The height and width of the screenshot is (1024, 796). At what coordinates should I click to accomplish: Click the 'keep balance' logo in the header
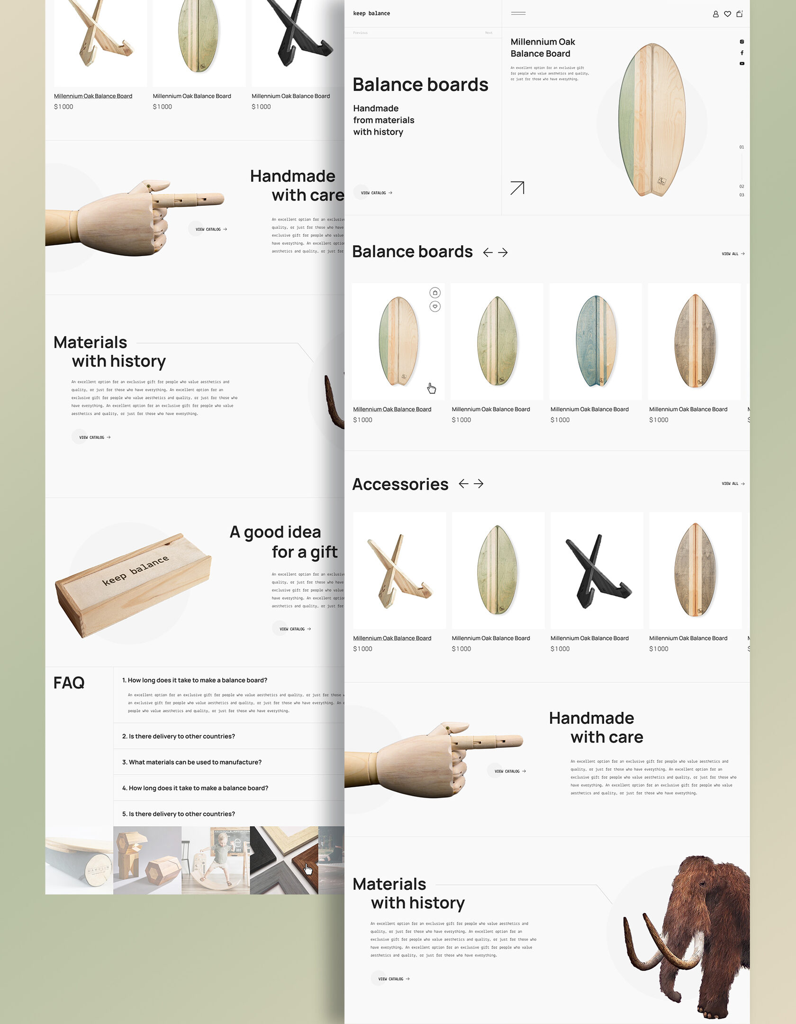371,13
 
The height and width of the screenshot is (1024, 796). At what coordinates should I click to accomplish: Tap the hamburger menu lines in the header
518,13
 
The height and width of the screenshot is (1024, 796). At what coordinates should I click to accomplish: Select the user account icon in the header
715,14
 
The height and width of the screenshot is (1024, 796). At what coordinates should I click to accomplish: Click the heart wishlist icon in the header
727,14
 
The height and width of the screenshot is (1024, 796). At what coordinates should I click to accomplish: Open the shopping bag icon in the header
739,14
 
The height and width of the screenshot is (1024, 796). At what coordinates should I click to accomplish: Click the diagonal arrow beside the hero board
517,188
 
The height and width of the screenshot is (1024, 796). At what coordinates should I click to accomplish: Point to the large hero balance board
652,120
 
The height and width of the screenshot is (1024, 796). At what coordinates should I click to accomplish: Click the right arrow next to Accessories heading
479,483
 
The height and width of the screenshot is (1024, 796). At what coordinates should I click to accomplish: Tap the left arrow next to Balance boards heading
488,252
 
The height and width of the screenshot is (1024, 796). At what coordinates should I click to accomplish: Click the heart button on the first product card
435,306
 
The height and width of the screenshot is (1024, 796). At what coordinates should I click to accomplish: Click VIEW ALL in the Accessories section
733,484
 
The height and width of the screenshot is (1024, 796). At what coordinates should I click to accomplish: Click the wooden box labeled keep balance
133,586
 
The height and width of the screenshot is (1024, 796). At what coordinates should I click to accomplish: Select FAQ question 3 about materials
191,762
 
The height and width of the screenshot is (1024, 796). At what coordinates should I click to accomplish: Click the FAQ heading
69,683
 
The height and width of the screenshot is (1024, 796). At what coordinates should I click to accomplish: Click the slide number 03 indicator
742,195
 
